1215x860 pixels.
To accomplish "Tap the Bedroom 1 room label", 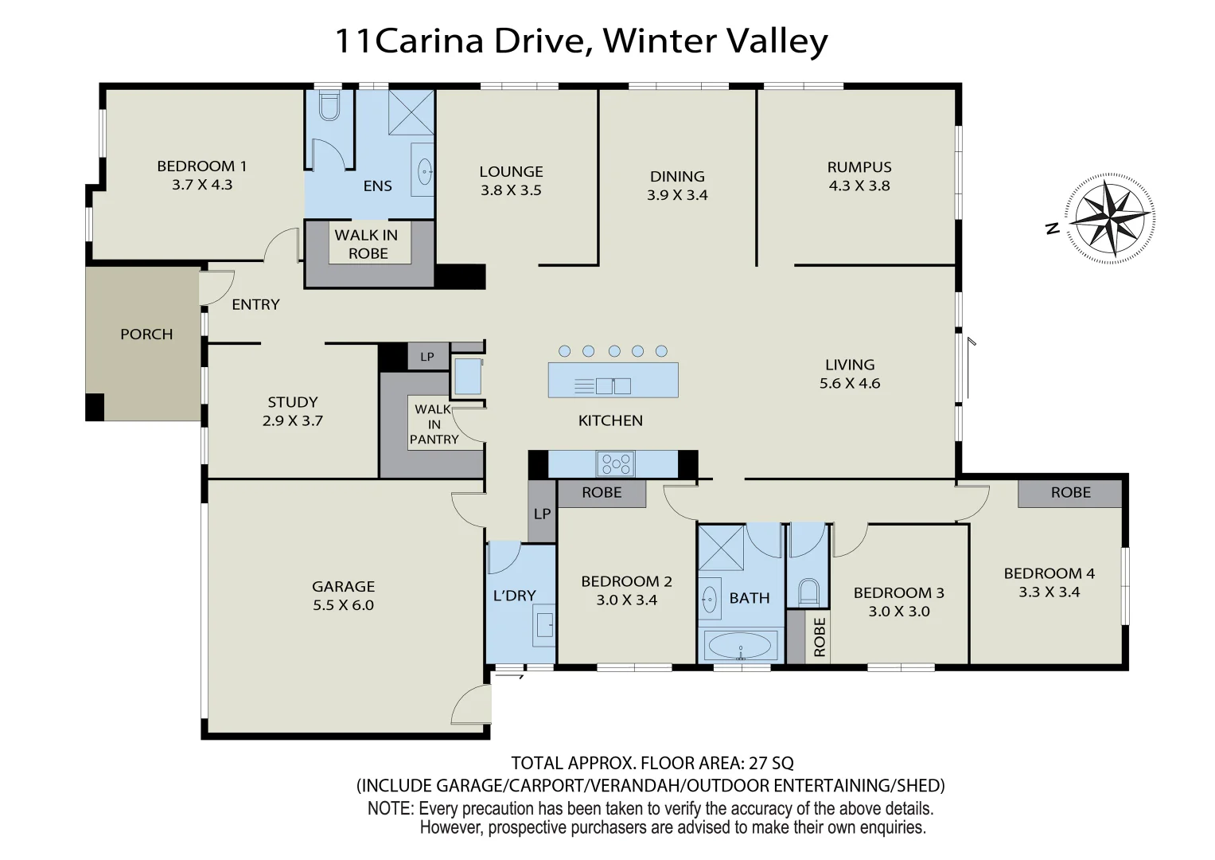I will point(201,166).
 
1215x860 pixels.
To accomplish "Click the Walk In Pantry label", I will point(434,424).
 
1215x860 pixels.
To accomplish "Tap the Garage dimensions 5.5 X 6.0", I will point(343,605).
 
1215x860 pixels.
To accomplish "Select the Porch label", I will point(146,334).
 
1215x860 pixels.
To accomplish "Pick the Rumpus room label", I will point(859,167).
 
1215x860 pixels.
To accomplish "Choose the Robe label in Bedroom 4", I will point(1070,493).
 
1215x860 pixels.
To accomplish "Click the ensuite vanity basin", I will point(424,170).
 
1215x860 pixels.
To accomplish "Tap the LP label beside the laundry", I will point(542,514).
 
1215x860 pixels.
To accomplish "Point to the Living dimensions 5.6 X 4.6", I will point(850,383).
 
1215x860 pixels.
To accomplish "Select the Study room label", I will point(292,402).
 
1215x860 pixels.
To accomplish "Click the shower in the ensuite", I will point(411,112).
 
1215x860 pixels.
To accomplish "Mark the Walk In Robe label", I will point(367,244).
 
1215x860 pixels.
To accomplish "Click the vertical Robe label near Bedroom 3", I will point(819,637).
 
